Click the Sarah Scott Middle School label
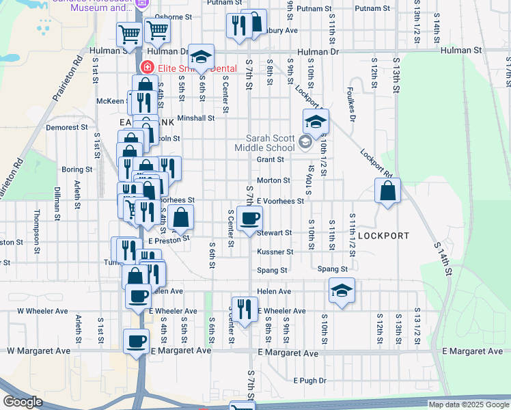(x=264, y=142)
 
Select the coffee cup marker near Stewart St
(x=249, y=219)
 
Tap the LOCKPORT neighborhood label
(x=383, y=236)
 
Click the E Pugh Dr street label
(x=312, y=380)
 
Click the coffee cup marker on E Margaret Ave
(x=136, y=341)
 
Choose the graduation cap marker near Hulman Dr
(x=201, y=57)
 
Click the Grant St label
(x=270, y=160)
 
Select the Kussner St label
(x=275, y=251)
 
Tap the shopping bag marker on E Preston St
(x=181, y=218)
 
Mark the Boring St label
(x=77, y=169)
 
